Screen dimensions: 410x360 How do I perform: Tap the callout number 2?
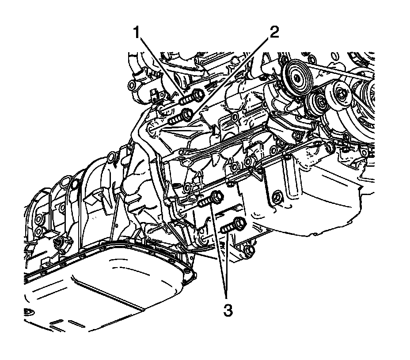[x=274, y=32]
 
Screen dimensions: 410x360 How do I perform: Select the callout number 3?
[x=228, y=311]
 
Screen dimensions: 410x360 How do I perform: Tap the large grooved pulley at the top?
[x=297, y=77]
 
